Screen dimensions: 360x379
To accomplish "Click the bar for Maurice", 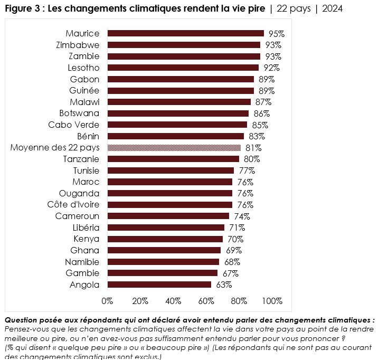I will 185,33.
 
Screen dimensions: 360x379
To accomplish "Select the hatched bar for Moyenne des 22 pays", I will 174,148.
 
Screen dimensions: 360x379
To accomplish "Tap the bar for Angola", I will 159,285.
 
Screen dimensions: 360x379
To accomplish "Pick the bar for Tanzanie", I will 173,159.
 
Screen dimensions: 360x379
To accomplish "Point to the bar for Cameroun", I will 168,216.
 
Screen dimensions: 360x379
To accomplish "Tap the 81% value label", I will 253,148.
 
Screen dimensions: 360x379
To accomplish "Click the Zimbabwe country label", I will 78,45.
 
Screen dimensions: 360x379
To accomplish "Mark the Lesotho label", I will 83,68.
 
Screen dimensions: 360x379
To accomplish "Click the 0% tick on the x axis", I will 107,301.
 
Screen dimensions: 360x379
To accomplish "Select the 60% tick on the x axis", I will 206,301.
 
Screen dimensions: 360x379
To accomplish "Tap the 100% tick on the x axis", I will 272,301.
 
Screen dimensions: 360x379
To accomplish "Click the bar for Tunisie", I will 170,170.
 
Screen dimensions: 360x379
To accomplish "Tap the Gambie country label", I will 82,273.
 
